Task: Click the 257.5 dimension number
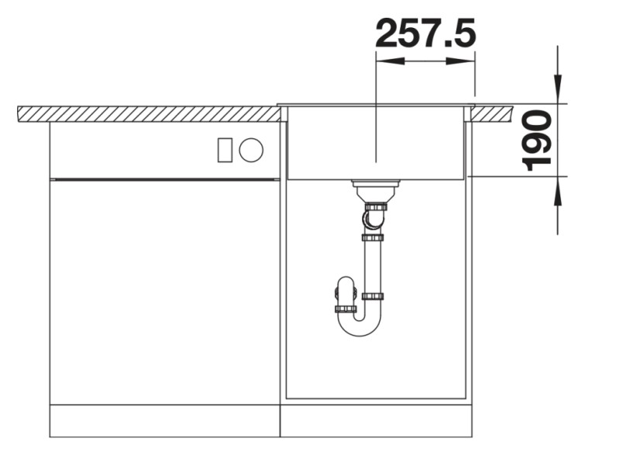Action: (x=425, y=33)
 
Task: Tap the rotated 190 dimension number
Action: (x=536, y=140)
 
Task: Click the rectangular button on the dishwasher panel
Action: (x=225, y=150)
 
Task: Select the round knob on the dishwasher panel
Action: (x=250, y=150)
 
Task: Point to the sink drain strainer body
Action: (x=376, y=188)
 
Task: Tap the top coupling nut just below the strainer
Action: (x=376, y=207)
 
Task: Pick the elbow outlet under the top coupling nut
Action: (x=373, y=221)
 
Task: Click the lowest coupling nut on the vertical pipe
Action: (x=373, y=296)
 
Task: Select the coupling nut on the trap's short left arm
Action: (x=346, y=309)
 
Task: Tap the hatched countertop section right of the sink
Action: (x=492, y=113)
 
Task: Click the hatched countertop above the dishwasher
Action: (x=147, y=114)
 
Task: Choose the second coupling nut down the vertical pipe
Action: (x=373, y=237)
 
